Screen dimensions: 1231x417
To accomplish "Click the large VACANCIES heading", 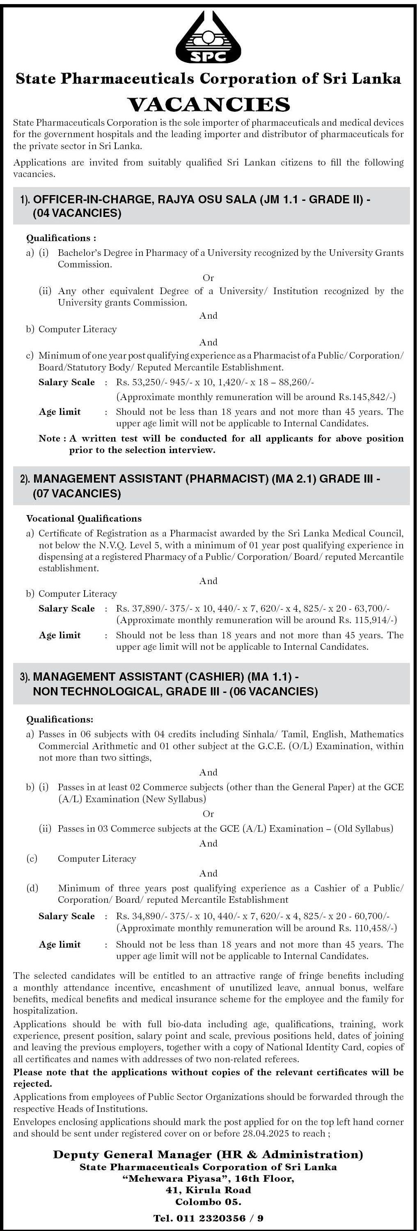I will (x=208, y=103).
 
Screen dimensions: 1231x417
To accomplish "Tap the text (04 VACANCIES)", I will (x=77, y=213).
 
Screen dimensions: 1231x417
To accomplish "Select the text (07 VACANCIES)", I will (x=77, y=493).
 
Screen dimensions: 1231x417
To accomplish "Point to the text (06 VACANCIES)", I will (x=273, y=691).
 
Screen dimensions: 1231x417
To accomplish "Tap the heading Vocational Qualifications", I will (x=84, y=518).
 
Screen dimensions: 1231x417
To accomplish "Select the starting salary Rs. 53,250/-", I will (x=139, y=382).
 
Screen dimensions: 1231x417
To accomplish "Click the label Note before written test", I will (x=49, y=438).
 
